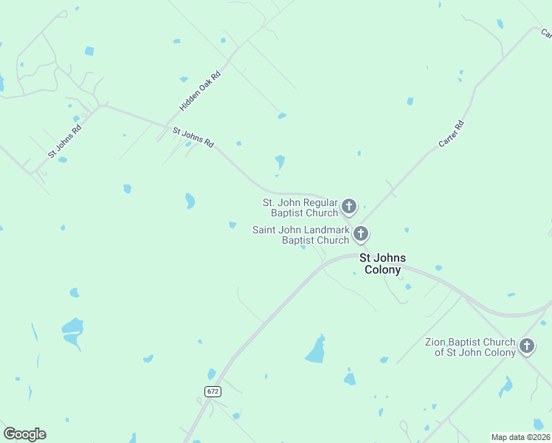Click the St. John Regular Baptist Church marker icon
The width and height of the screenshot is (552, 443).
click(x=349, y=207)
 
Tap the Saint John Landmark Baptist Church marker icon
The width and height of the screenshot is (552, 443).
click(x=361, y=234)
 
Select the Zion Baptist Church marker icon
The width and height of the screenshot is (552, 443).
click(x=527, y=346)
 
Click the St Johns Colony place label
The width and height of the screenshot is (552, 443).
click(x=383, y=264)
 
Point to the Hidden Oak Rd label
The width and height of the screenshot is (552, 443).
click(x=200, y=92)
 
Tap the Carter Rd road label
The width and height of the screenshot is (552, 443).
click(x=451, y=133)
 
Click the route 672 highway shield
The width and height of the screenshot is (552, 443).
click(x=213, y=391)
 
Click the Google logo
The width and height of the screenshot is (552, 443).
click(x=24, y=434)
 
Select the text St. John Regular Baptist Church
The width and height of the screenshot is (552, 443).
click(x=300, y=207)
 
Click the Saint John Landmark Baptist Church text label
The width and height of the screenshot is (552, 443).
click(x=300, y=235)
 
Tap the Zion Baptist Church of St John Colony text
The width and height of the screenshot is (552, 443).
click(x=470, y=347)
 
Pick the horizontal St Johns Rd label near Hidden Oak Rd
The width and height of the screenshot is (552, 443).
click(x=193, y=137)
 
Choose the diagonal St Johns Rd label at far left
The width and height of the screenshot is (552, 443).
click(x=64, y=140)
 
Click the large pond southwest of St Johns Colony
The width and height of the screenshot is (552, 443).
click(x=316, y=350)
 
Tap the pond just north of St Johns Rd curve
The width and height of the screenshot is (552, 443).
click(x=280, y=161)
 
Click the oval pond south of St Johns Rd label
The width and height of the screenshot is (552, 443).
click(x=190, y=200)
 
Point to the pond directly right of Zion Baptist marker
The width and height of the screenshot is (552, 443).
click(x=506, y=385)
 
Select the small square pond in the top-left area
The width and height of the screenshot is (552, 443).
click(x=89, y=51)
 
